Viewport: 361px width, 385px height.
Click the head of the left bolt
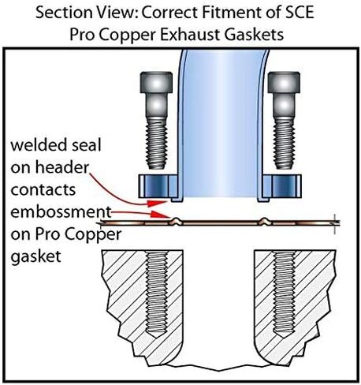[x=156, y=82]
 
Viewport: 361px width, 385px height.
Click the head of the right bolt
[x=284, y=82]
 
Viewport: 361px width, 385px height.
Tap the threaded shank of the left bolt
[x=157, y=144]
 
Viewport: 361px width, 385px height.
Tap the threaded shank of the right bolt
[x=284, y=144]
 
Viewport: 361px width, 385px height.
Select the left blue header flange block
[x=158, y=186]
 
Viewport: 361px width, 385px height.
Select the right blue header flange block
[x=282, y=186]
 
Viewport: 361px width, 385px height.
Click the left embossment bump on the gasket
[x=176, y=222]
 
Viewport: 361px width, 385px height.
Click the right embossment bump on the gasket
[x=264, y=222]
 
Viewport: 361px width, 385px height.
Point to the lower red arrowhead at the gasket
[x=161, y=215]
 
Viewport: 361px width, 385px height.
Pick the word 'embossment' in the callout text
[x=61, y=212]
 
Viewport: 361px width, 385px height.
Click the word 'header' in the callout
[x=62, y=167]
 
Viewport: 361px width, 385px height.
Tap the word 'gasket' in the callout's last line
[x=35, y=256]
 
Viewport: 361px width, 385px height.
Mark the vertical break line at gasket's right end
[x=334, y=224]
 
